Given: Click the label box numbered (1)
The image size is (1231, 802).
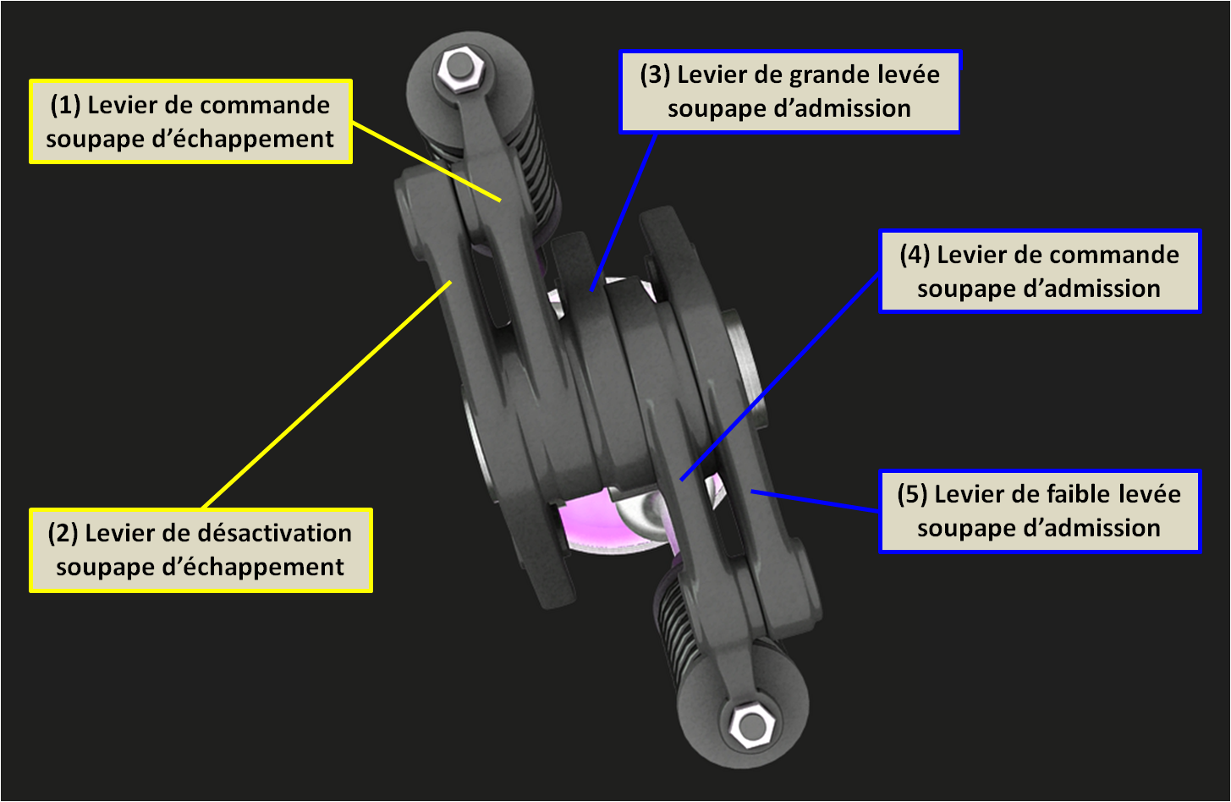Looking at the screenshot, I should click(190, 121).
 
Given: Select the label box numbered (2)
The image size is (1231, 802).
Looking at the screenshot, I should click(201, 550).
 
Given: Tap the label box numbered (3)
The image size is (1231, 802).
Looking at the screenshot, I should click(789, 91).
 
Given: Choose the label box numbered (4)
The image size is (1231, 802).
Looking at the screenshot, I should click(1039, 271).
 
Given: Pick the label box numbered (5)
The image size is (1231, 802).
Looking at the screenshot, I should click(1039, 511).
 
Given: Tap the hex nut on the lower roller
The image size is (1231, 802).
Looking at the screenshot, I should click(748, 725).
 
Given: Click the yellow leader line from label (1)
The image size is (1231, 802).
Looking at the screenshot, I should click(426, 162).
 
